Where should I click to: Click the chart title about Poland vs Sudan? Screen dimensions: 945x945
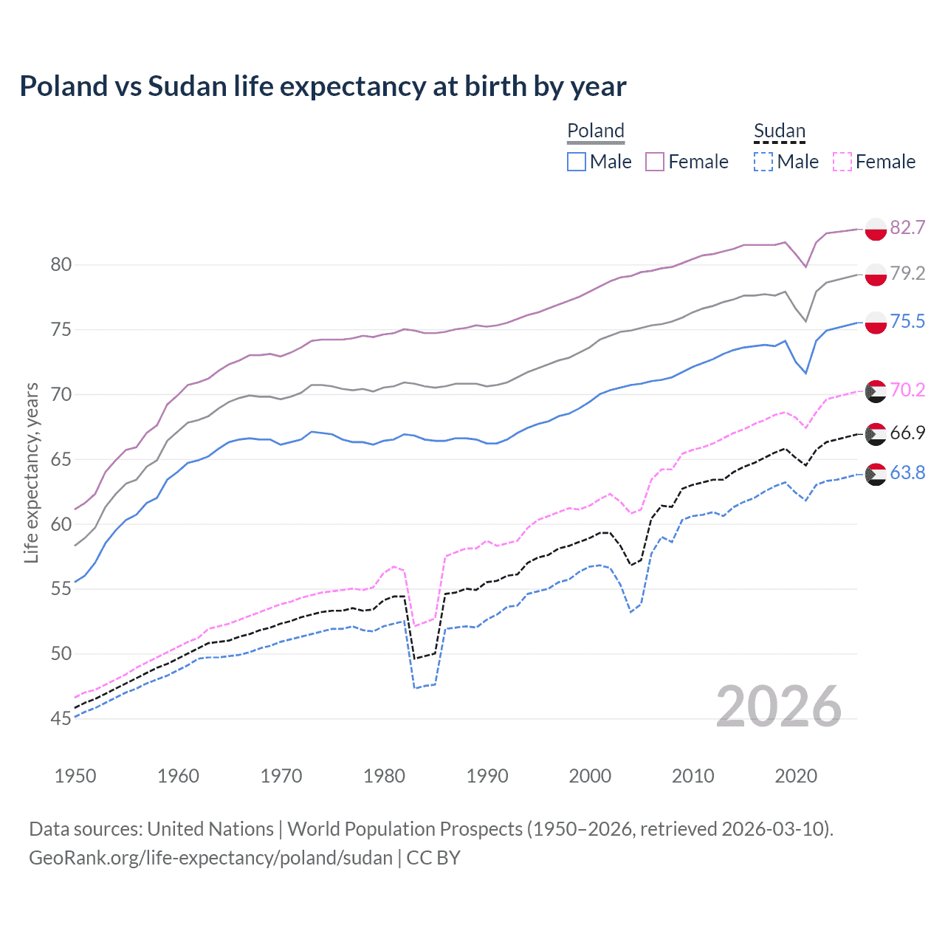pyautogui.click(x=323, y=86)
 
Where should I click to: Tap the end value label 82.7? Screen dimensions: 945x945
pyautogui.click(x=907, y=227)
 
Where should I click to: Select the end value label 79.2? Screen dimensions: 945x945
pyautogui.click(x=907, y=273)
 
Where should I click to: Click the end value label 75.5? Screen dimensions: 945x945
pyautogui.click(x=907, y=321)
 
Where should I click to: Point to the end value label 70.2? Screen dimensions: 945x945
pyautogui.click(x=907, y=390)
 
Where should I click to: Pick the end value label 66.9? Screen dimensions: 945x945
pyautogui.click(x=907, y=433)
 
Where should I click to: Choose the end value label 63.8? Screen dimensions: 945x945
pyautogui.click(x=907, y=472)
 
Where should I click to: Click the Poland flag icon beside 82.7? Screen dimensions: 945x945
pyautogui.click(x=876, y=229)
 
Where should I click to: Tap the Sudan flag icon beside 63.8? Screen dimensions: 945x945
pyautogui.click(x=876, y=474)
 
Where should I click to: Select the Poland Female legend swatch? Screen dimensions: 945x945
pyautogui.click(x=655, y=162)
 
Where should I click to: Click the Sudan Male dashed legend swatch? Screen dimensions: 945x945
pyautogui.click(x=763, y=162)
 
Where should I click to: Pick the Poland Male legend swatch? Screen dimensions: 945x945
pyautogui.click(x=577, y=162)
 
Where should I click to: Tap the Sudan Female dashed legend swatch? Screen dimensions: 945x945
pyautogui.click(x=842, y=162)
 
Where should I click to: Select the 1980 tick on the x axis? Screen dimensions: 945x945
pyautogui.click(x=385, y=776)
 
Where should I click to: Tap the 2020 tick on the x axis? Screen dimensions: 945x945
pyautogui.click(x=796, y=776)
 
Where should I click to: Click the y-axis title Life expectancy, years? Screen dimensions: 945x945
pyautogui.click(x=31, y=472)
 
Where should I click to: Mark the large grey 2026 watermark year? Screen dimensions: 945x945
pyautogui.click(x=779, y=707)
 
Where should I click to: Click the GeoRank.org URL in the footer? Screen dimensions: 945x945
pyautogui.click(x=210, y=858)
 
